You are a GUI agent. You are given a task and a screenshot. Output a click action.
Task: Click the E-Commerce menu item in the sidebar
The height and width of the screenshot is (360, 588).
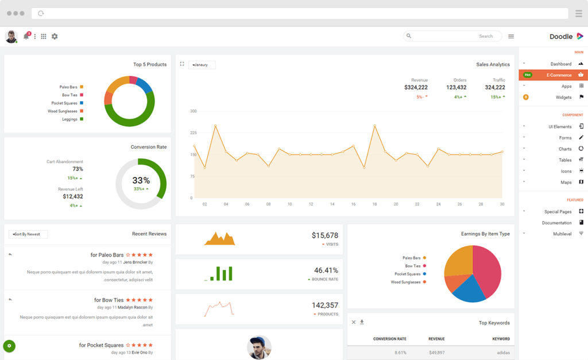(558, 75)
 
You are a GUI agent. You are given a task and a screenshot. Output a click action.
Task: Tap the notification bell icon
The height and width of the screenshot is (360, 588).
(26, 36)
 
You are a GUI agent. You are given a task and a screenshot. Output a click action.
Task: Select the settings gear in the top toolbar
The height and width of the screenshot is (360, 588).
(55, 36)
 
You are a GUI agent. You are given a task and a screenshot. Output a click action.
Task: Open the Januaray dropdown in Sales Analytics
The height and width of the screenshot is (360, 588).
(202, 65)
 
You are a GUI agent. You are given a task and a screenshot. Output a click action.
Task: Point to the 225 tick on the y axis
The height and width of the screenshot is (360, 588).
(193, 133)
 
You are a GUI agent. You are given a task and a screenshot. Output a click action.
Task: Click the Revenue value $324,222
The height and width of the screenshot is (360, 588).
(416, 87)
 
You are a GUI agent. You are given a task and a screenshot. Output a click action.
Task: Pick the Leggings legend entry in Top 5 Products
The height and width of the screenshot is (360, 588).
(69, 119)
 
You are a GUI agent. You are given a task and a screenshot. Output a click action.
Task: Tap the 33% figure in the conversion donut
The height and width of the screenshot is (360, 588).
(141, 180)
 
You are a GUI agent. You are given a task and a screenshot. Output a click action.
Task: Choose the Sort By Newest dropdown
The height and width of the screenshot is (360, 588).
(28, 234)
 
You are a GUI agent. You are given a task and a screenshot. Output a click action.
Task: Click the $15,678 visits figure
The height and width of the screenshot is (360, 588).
(324, 235)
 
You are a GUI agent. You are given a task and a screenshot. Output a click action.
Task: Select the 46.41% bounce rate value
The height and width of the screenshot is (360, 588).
(326, 270)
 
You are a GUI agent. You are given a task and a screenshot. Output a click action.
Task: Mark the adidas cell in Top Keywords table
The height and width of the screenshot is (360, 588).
(503, 353)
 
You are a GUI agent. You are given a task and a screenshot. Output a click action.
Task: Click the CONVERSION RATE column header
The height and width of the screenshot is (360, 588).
(389, 339)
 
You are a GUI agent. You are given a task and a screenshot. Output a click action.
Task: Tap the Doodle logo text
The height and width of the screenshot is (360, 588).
(561, 37)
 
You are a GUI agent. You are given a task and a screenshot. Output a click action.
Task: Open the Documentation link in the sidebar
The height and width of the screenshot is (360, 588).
(556, 223)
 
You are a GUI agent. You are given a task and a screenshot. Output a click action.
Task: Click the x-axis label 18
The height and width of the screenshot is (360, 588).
(374, 204)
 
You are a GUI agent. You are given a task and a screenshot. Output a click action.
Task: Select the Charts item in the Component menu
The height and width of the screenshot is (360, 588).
(565, 149)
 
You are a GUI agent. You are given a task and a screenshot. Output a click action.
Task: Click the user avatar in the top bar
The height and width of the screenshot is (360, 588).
(11, 36)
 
